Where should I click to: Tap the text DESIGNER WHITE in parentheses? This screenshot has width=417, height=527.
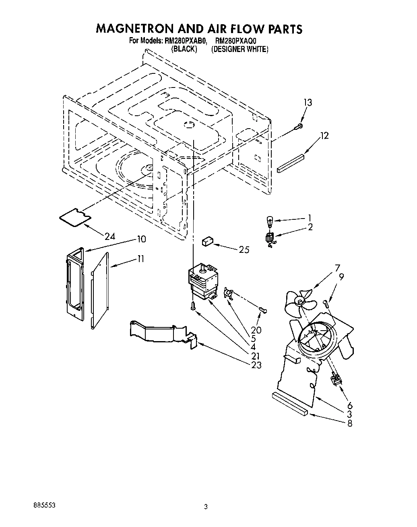click(x=239, y=49)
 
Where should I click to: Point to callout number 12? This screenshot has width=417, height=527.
click(x=324, y=136)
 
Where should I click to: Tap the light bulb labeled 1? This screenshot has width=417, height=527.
click(x=270, y=220)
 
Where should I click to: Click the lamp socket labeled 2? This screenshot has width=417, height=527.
click(x=270, y=239)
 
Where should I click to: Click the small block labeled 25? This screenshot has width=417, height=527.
click(x=207, y=242)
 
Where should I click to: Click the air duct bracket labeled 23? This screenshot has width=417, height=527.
click(x=161, y=333)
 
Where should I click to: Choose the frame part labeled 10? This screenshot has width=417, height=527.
click(x=75, y=284)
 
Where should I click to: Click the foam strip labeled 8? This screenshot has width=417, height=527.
click(x=290, y=403)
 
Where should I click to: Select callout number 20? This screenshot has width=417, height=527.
click(x=256, y=330)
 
